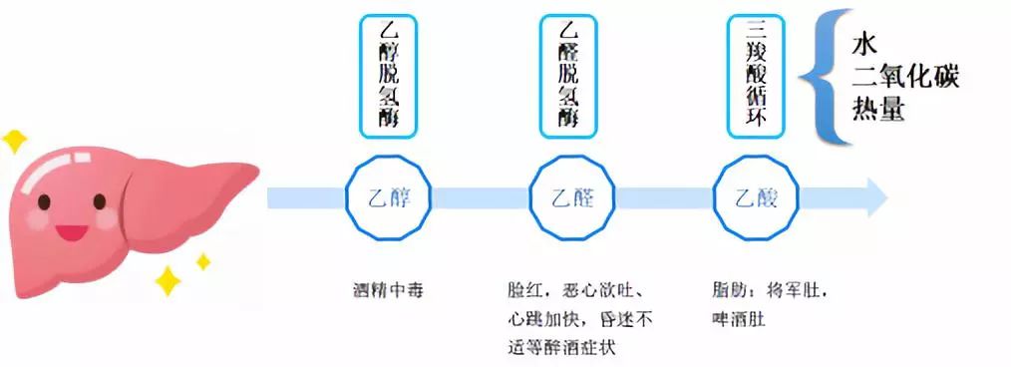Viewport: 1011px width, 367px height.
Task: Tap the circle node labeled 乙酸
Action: [x=755, y=197]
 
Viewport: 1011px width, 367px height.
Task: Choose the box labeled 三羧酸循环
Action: [x=756, y=76]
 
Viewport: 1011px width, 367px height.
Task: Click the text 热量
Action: [x=878, y=108]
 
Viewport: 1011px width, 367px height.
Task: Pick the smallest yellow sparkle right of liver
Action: [x=202, y=261]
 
